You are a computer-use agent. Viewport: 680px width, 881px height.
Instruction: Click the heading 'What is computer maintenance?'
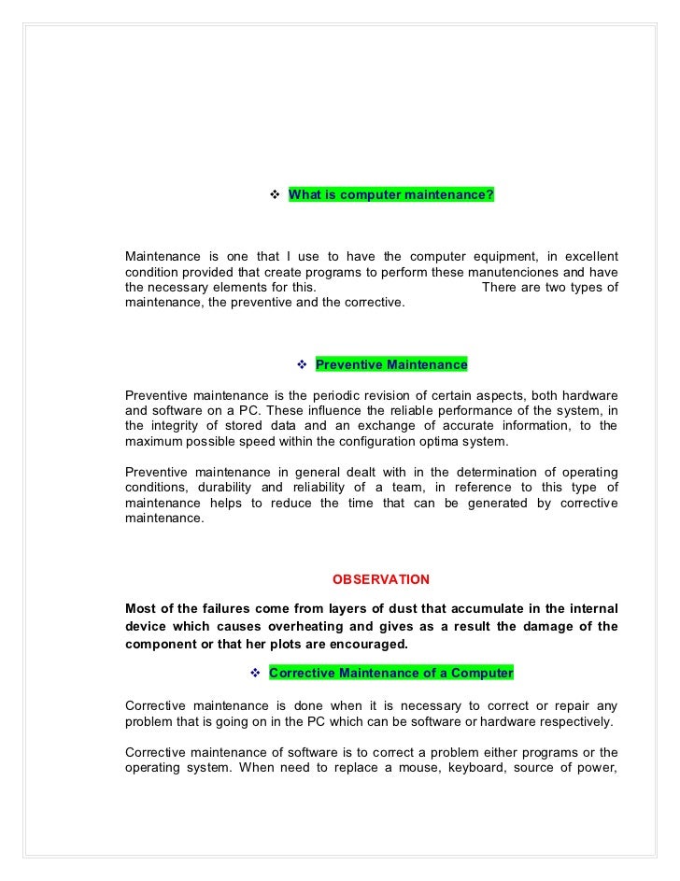point(391,194)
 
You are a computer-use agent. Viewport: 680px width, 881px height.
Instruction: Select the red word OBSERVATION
point(381,579)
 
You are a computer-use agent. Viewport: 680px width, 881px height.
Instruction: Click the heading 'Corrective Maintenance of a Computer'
point(390,673)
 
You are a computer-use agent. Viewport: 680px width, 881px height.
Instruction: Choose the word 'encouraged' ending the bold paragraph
point(370,645)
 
